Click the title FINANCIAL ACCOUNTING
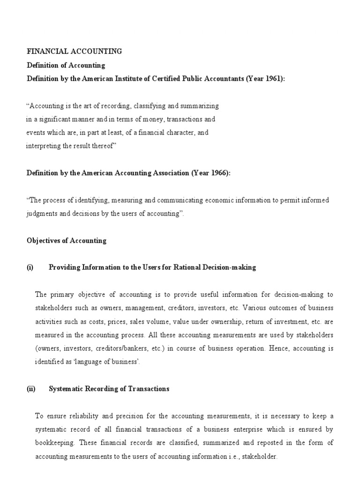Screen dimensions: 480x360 pyautogui.click(x=74, y=52)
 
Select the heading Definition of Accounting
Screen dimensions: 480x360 pyautogui.click(x=66, y=65)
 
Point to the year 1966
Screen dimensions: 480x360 pyautogui.click(x=217, y=173)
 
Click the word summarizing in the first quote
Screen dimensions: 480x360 pyautogui.click(x=200, y=106)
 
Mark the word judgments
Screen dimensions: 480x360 pyautogui.click(x=43, y=214)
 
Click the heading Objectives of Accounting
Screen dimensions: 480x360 pyautogui.click(x=66, y=240)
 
